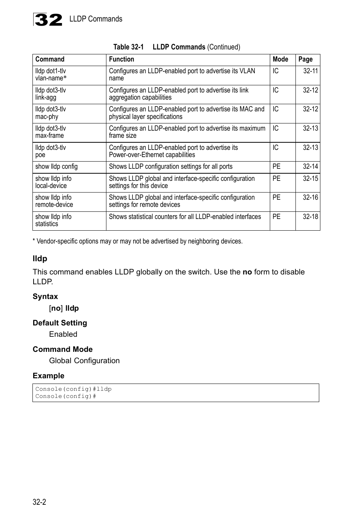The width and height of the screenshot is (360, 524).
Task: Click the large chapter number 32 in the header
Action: (x=48, y=20)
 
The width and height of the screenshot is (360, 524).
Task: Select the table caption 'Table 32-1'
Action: (x=128, y=47)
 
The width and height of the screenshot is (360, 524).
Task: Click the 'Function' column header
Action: (x=122, y=59)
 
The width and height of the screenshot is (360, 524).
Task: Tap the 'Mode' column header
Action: (x=280, y=59)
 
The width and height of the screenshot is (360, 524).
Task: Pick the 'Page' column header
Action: (x=305, y=59)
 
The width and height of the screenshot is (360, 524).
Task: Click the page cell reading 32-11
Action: (x=310, y=71)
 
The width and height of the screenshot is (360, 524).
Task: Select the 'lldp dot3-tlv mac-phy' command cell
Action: (x=51, y=113)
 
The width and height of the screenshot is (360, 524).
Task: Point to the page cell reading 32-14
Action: (x=310, y=166)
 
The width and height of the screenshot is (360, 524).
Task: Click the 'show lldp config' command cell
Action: (x=57, y=166)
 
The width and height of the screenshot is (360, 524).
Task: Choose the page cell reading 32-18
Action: (x=310, y=217)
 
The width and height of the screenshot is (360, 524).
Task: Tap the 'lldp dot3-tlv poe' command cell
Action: (x=51, y=151)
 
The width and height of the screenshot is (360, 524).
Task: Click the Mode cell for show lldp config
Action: (x=277, y=166)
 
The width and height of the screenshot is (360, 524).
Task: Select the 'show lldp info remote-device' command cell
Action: (x=54, y=201)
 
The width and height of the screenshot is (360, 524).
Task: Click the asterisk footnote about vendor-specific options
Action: (x=138, y=241)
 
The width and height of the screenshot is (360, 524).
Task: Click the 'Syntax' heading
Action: (x=45, y=296)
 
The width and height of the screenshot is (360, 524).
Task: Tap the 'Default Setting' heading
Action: (x=60, y=323)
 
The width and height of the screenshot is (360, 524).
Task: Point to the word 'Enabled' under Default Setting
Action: (x=63, y=334)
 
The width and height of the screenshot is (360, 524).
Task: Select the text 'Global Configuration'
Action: (x=84, y=361)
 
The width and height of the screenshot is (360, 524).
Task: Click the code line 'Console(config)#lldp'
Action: (x=74, y=389)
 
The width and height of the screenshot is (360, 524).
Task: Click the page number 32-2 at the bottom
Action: (x=39, y=502)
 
